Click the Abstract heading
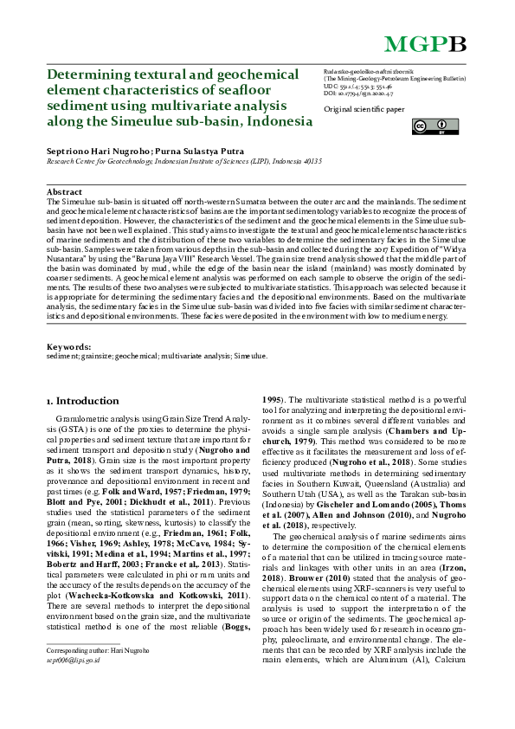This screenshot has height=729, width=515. [x=64, y=191]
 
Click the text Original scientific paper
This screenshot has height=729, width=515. [x=364, y=110]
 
